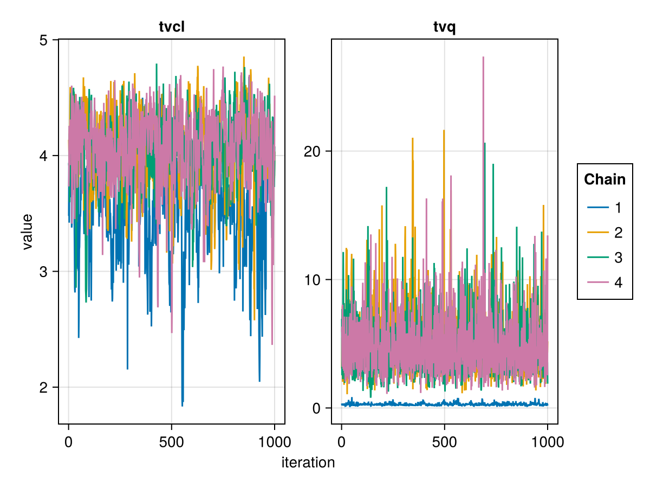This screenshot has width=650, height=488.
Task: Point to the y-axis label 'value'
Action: [x=28, y=232]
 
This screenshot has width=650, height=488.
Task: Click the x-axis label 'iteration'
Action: [x=308, y=463]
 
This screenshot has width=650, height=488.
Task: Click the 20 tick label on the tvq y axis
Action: [x=313, y=151]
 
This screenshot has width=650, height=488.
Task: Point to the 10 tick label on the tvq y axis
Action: [x=313, y=280]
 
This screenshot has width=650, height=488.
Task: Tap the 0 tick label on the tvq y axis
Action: [x=317, y=408]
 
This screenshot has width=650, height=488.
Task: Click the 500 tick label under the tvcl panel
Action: [x=171, y=442]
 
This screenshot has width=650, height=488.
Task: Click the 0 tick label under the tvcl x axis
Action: [x=68, y=442]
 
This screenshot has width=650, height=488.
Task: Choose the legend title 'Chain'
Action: [x=604, y=179]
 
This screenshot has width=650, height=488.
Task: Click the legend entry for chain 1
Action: [x=604, y=208]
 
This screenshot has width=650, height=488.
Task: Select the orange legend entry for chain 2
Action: [x=604, y=233]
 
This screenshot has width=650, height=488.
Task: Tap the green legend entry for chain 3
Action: [x=604, y=258]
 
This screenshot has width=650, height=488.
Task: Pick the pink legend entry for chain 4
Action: [x=604, y=282]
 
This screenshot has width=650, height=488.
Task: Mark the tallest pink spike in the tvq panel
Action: [x=483, y=57]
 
